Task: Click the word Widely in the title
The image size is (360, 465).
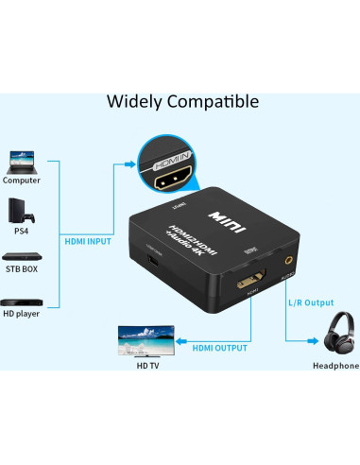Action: tap(132, 100)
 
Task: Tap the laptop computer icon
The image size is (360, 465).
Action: tap(22, 160)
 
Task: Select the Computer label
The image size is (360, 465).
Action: tap(22, 180)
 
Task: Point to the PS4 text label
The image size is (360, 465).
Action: tap(21, 229)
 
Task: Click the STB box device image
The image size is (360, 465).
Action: tap(22, 256)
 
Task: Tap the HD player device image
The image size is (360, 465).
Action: tap(22, 301)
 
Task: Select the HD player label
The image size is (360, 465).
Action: tap(22, 314)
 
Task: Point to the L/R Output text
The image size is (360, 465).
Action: tap(311, 302)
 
